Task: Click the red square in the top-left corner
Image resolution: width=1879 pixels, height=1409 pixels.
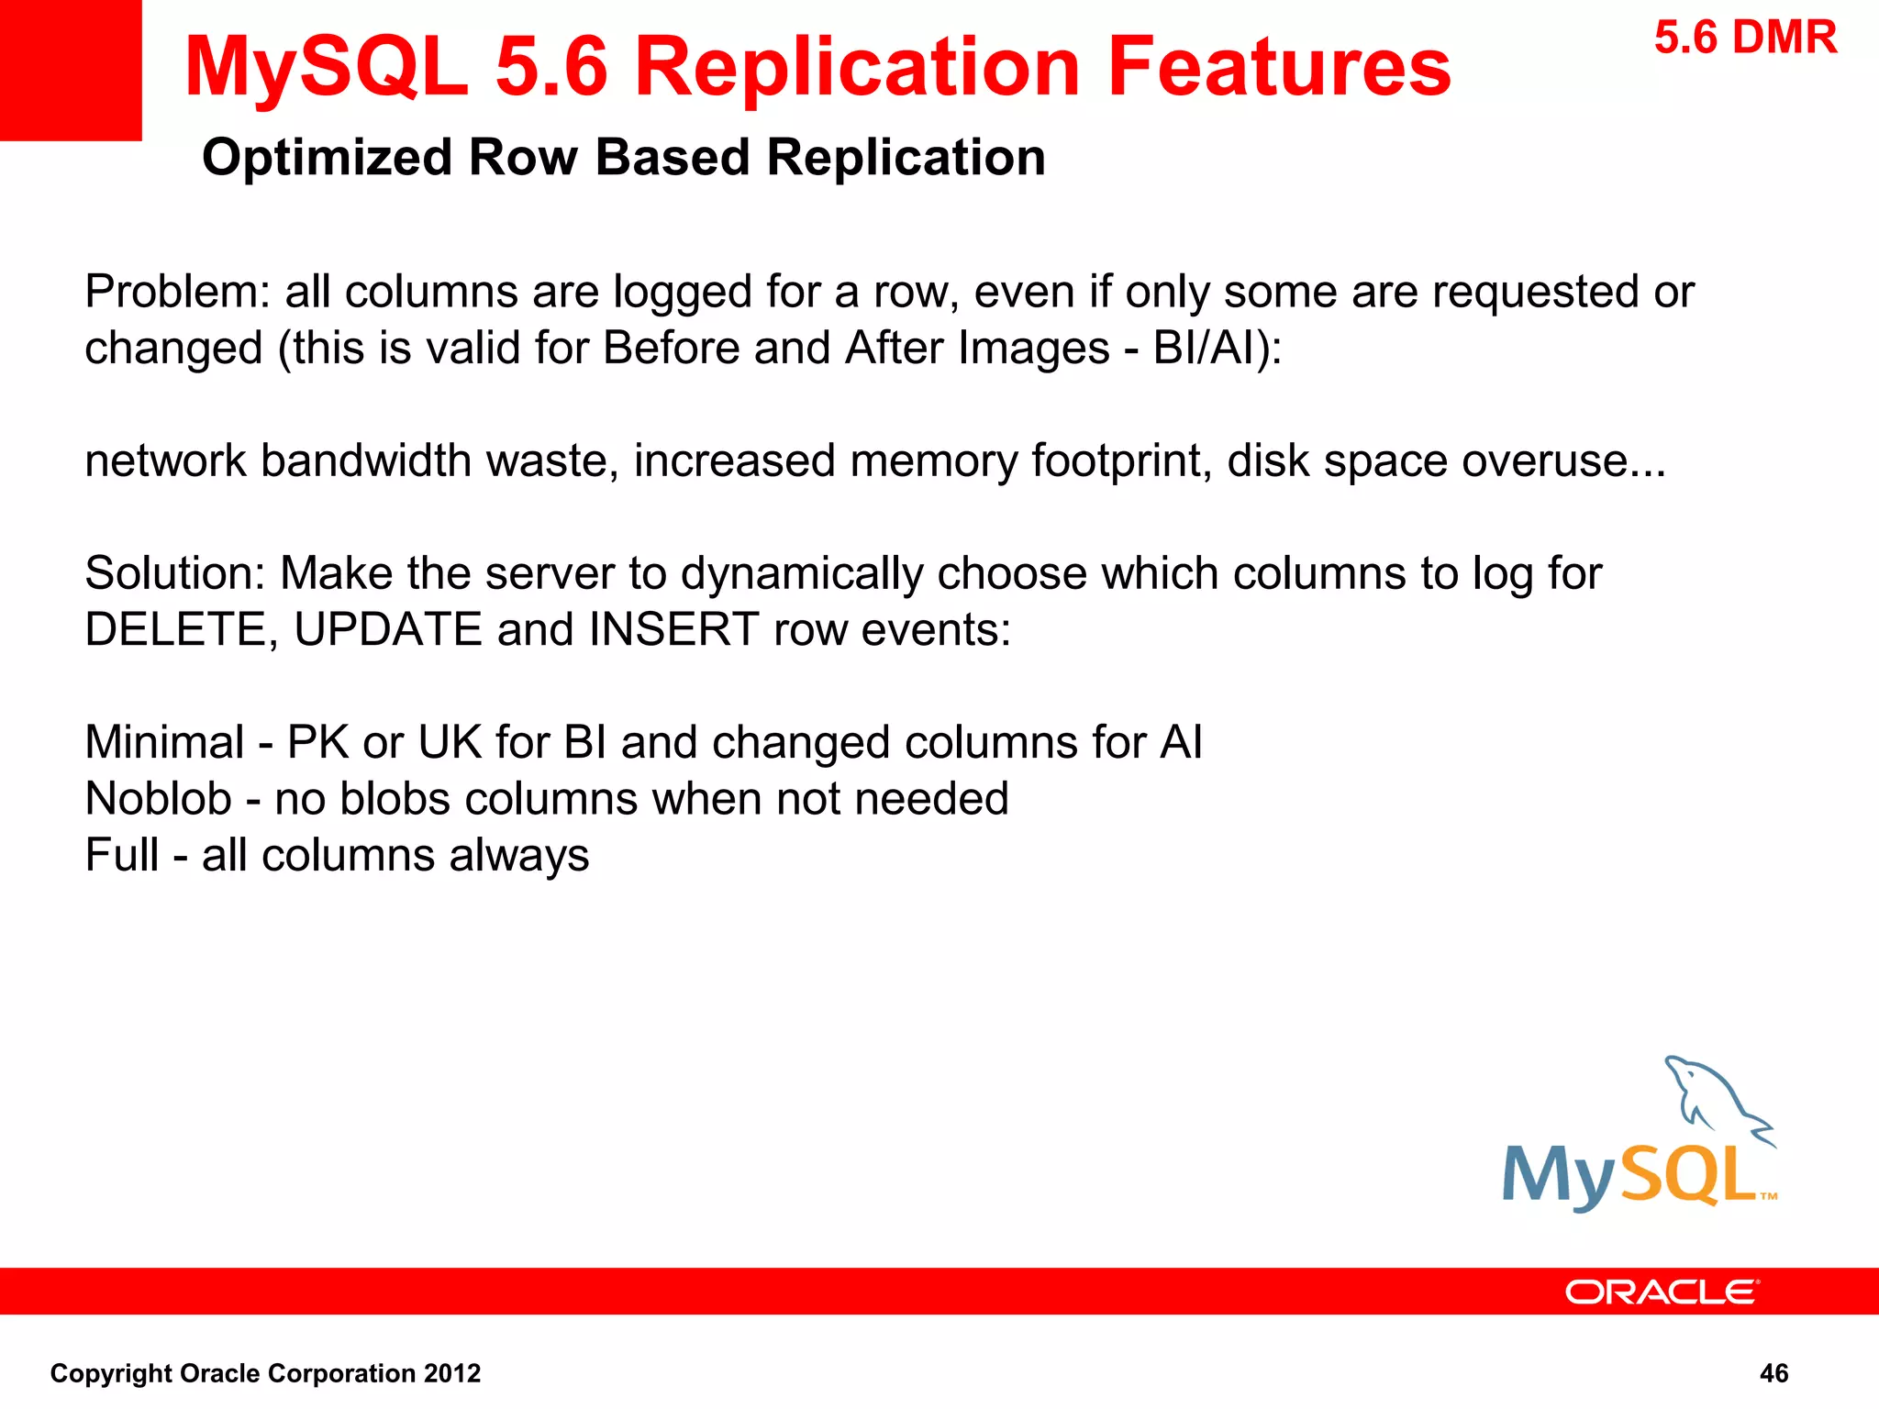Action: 71,70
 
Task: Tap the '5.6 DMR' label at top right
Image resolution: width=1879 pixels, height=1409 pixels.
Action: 1745,39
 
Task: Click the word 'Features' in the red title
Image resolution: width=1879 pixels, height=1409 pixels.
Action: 1279,67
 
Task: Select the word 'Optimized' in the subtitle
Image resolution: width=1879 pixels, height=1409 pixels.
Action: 327,158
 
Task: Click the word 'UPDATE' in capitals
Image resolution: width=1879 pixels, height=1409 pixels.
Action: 388,630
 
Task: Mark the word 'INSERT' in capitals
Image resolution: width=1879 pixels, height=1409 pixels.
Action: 673,630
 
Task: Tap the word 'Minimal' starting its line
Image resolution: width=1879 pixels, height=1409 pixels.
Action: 164,742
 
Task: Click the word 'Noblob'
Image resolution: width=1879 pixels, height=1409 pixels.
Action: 158,799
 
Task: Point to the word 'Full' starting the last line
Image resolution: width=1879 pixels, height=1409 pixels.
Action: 121,855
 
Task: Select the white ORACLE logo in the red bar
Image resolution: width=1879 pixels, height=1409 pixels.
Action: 1662,1293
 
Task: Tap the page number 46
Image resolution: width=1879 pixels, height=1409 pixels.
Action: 1773,1373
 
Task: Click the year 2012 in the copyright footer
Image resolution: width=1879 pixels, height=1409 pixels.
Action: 452,1373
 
